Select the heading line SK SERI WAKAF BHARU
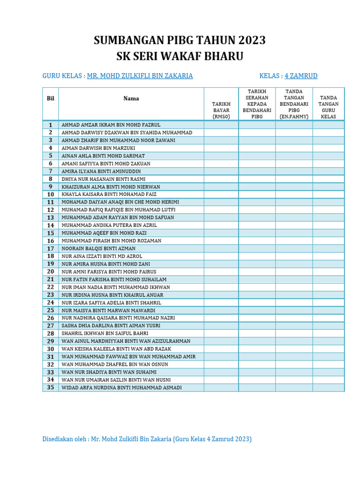[180, 57]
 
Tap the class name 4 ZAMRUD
[301, 76]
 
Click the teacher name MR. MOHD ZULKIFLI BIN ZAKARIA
[140, 76]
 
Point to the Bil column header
[51, 98]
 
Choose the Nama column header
[131, 98]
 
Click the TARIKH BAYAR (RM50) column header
[221, 110]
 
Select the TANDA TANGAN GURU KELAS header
[329, 107]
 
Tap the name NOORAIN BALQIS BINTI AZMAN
[98, 248]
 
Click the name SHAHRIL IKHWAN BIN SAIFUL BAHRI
[105, 333]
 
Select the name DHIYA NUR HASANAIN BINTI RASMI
[104, 179]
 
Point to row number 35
[51, 388]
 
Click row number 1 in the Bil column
[51, 125]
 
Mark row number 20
[51, 271]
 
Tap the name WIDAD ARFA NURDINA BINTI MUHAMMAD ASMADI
[122, 388]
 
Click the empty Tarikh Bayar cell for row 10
[221, 194]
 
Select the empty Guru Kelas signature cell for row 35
[329, 388]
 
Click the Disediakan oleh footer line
[147, 439]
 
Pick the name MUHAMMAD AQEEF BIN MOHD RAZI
[104, 233]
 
